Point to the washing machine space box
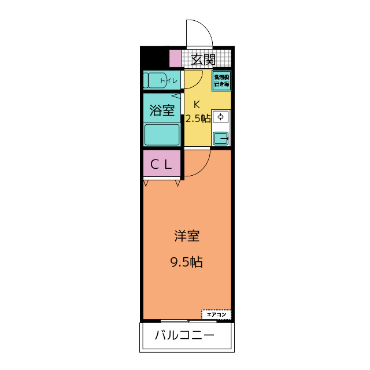[221, 80]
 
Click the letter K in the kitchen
[197, 105]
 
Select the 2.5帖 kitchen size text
[198, 119]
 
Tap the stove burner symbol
[220, 117]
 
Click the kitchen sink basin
[220, 138]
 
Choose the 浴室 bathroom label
[162, 111]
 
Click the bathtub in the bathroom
[162, 135]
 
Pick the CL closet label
[162, 164]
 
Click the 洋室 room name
[187, 236]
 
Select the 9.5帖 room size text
[186, 262]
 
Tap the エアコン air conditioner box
[216, 314]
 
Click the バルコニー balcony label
[185, 336]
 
